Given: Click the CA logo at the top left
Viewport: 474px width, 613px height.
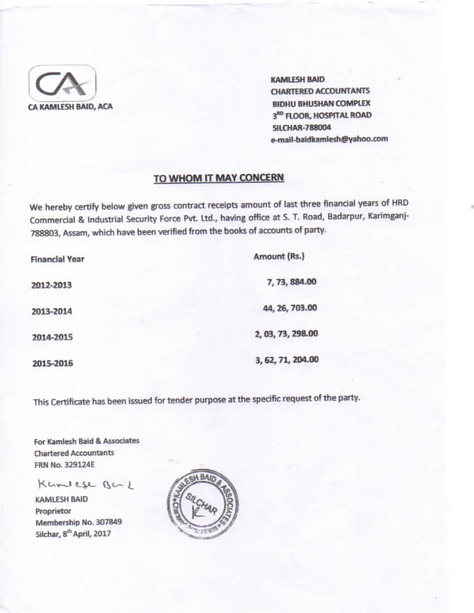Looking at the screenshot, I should (62, 83).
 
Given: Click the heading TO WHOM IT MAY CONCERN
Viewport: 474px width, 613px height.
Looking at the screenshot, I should (219, 178).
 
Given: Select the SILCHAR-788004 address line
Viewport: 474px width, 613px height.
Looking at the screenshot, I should (294, 127).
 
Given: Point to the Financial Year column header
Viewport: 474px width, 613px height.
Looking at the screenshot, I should (57, 259).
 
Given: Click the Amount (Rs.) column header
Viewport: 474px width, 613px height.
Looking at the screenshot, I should (279, 257).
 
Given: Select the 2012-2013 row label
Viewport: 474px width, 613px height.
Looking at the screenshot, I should (52, 285).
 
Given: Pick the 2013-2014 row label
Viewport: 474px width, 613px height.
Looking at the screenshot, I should (52, 311).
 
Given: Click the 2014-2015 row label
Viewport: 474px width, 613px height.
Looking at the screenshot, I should (52, 337).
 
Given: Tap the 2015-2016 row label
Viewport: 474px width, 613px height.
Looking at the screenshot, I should (52, 363).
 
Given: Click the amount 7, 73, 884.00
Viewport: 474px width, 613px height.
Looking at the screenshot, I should (292, 282).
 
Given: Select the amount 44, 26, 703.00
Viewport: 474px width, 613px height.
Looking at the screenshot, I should (290, 308).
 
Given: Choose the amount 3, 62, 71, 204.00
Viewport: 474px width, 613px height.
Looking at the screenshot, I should (287, 359).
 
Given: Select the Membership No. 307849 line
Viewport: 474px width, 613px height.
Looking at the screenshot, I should (79, 522).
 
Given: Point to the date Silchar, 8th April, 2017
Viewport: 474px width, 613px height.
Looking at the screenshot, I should (73, 533).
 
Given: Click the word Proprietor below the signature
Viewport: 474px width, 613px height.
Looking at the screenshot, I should (53, 510).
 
